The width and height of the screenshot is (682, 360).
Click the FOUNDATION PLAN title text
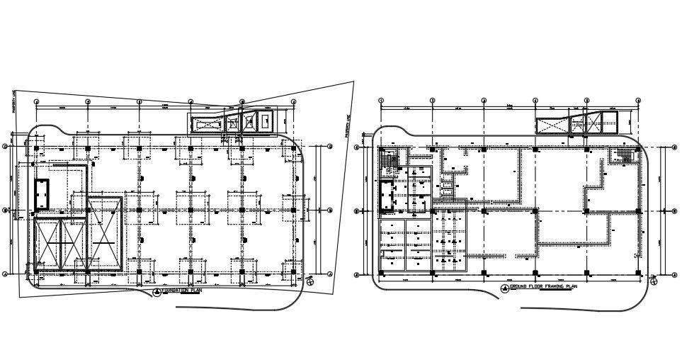pyautogui.click(x=182, y=291)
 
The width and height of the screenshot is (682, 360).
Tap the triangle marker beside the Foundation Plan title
pyautogui.click(x=157, y=291)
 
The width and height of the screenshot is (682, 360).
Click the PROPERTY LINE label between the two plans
pyautogui.click(x=347, y=125)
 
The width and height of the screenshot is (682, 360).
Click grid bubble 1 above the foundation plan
pyautogui.click(x=36, y=101)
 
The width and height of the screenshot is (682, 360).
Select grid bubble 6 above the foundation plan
pyautogui.click(x=293, y=101)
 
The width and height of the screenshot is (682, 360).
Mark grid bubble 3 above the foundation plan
pyautogui.click(x=139, y=101)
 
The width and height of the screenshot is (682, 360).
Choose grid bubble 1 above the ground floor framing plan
pyautogui.click(x=381, y=100)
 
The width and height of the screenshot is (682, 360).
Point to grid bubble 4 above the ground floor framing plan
pyautogui.click(x=535, y=100)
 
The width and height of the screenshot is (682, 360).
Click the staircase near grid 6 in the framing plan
pyautogui.click(x=624, y=156)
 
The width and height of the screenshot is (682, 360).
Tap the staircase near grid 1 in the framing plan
pyautogui.click(x=387, y=161)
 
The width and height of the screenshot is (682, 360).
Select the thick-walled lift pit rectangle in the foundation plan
pyautogui.click(x=41, y=193)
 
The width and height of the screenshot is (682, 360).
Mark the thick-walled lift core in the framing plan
pyautogui.click(x=386, y=196)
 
